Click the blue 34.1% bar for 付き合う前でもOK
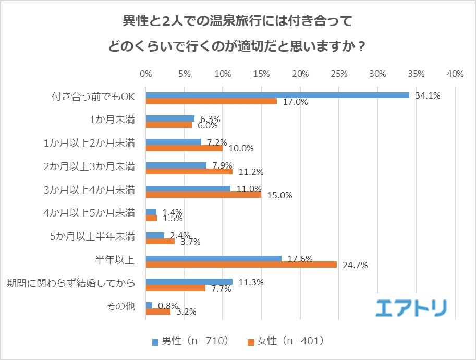[277, 95]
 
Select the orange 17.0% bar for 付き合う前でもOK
[211, 101]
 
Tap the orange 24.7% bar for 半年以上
[241, 265]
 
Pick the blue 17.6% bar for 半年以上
[214, 258]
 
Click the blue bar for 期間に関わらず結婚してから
[189, 282]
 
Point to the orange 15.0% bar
[203, 195]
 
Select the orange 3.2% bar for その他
[158, 312]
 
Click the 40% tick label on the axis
[455, 74]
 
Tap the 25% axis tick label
[339, 74]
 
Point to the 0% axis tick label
[146, 74]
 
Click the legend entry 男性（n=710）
[190, 341]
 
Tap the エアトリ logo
[411, 307]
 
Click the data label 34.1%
[428, 95]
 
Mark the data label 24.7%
[355, 265]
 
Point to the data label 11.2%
[250, 172]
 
